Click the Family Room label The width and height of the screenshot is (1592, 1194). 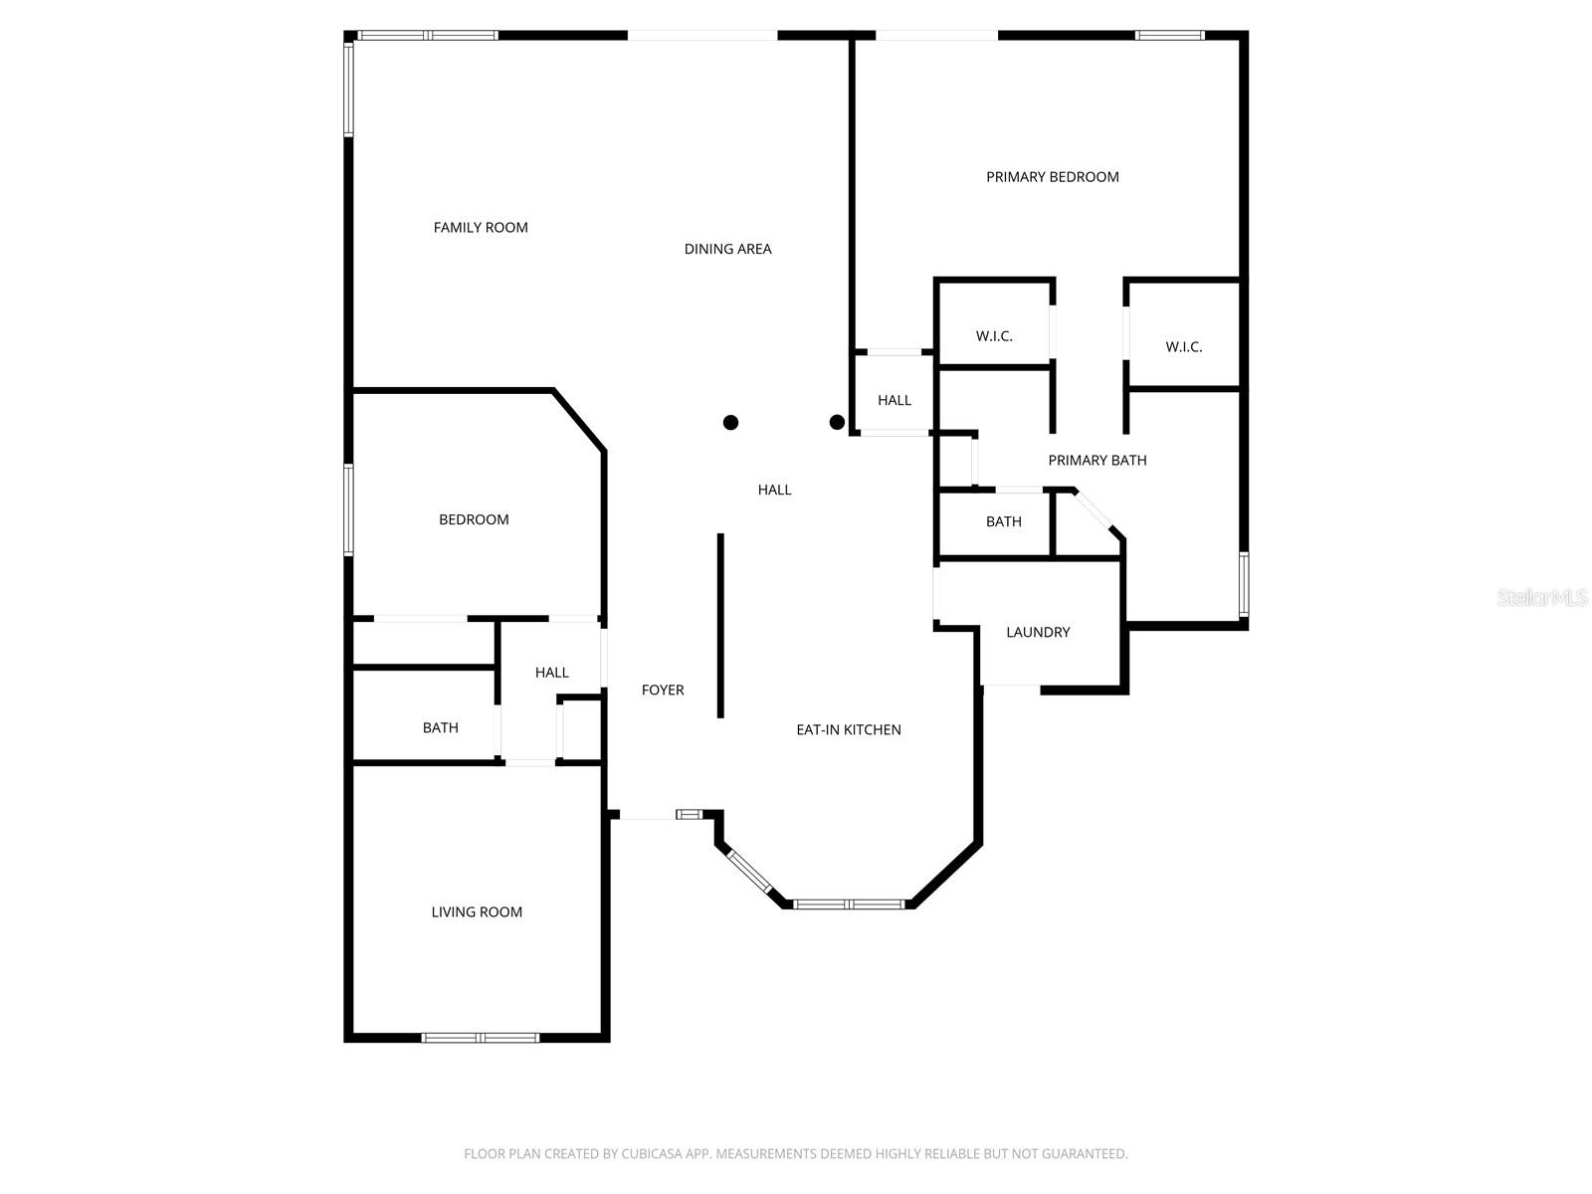(481, 228)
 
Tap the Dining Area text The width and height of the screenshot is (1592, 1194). (727, 250)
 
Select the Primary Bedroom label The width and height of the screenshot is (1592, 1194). (1052, 177)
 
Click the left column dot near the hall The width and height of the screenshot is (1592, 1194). (730, 422)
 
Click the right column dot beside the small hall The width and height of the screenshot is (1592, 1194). (837, 422)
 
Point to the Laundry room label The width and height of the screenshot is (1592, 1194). (1038, 633)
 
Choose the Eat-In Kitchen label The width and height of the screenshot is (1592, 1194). (848, 730)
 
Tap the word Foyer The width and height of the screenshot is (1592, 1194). (663, 691)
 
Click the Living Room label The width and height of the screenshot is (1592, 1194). (477, 912)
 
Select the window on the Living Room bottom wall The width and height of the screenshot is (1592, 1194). (481, 1038)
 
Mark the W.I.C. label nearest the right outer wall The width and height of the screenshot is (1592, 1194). (1184, 347)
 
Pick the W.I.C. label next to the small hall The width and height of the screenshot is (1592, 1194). (994, 336)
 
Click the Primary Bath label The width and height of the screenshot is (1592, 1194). (1096, 461)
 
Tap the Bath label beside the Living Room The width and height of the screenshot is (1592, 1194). (440, 728)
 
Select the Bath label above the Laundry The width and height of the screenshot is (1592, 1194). (1003, 521)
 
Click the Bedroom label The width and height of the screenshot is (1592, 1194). (474, 519)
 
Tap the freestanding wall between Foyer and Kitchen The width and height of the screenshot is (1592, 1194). (720, 625)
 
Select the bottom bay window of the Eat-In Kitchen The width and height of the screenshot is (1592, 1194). (848, 904)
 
